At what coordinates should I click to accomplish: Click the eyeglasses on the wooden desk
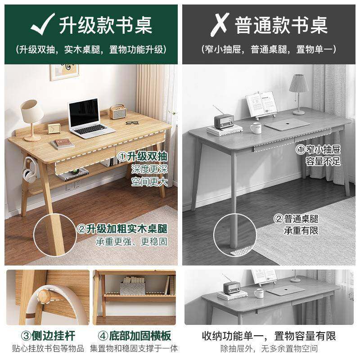pos(132,122)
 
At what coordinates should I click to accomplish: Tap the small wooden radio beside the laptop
pos(117,112)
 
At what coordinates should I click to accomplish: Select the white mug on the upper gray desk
pos(256,128)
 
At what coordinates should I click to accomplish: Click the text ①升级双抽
pos(143,156)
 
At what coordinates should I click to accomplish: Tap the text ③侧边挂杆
pos(47,336)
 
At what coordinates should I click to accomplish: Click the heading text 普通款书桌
pos(281,25)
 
